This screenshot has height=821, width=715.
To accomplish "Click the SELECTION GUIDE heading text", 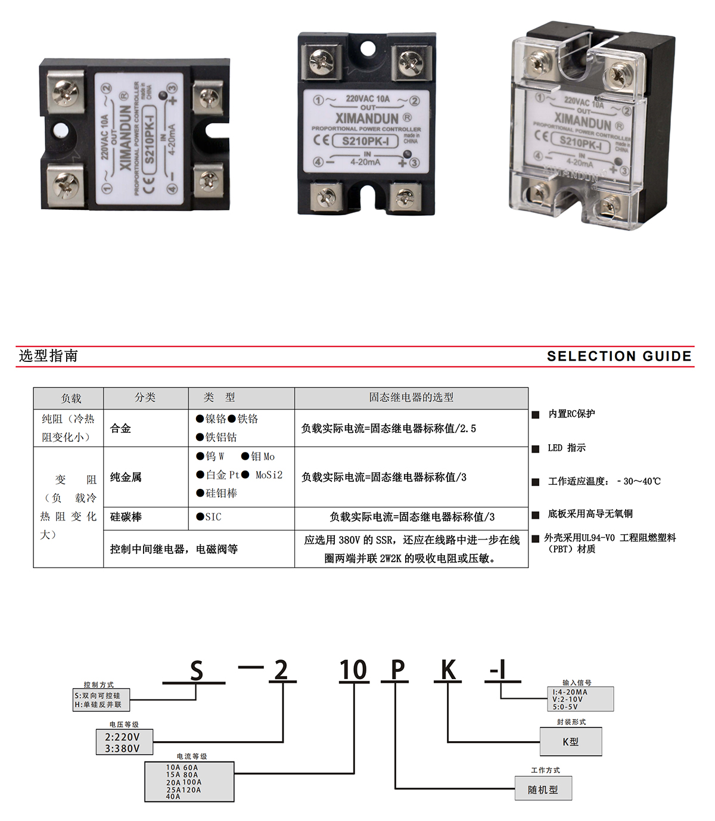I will (619, 356).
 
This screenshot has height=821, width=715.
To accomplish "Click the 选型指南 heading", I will (48, 356).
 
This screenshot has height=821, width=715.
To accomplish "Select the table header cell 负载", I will (71, 398).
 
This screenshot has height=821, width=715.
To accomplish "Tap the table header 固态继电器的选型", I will (411, 397).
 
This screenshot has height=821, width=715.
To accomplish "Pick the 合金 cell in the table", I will (121, 428).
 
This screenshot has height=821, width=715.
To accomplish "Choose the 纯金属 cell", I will (126, 477).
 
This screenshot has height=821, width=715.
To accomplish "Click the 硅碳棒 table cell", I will (126, 517).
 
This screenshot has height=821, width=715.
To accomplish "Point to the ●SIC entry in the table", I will (209, 517).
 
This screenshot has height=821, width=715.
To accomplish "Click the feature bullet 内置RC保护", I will (571, 414).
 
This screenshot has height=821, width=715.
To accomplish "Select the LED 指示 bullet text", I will (566, 448).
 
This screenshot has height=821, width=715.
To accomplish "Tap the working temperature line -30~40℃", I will (604, 481).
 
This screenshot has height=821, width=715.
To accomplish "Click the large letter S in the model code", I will (197, 671).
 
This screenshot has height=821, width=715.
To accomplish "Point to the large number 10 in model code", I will (353, 670).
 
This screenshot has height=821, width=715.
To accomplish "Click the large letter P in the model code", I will (397, 670).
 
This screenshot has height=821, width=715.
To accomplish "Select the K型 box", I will (570, 742).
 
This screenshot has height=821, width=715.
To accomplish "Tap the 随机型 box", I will (543, 789).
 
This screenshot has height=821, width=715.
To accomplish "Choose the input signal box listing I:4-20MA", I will (582, 699).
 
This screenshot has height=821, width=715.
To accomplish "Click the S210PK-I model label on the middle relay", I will (366, 141).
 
